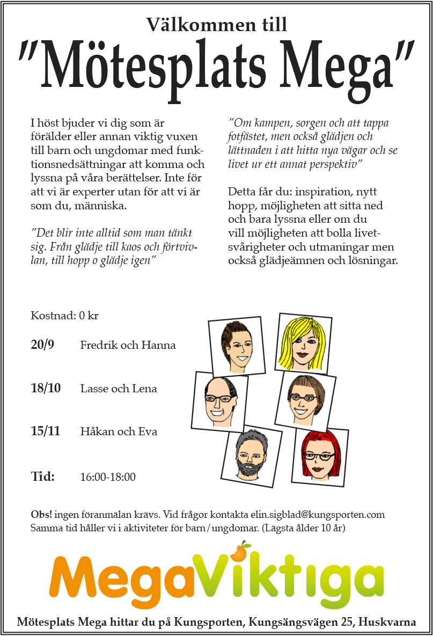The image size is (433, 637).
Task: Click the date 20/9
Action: point(42,345)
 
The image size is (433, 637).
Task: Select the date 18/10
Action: point(46,388)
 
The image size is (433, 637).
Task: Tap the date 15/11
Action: point(46,431)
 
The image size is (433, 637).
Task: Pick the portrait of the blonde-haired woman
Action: point(303,343)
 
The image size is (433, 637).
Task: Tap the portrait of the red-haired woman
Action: point(320,457)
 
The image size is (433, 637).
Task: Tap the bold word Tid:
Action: point(43,477)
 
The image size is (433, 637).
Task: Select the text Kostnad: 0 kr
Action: point(64,316)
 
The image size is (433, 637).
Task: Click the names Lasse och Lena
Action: point(119,389)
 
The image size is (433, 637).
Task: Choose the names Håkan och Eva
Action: point(119,431)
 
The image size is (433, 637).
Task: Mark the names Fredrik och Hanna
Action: point(128,345)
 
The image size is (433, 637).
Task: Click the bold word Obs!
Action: point(41,515)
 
